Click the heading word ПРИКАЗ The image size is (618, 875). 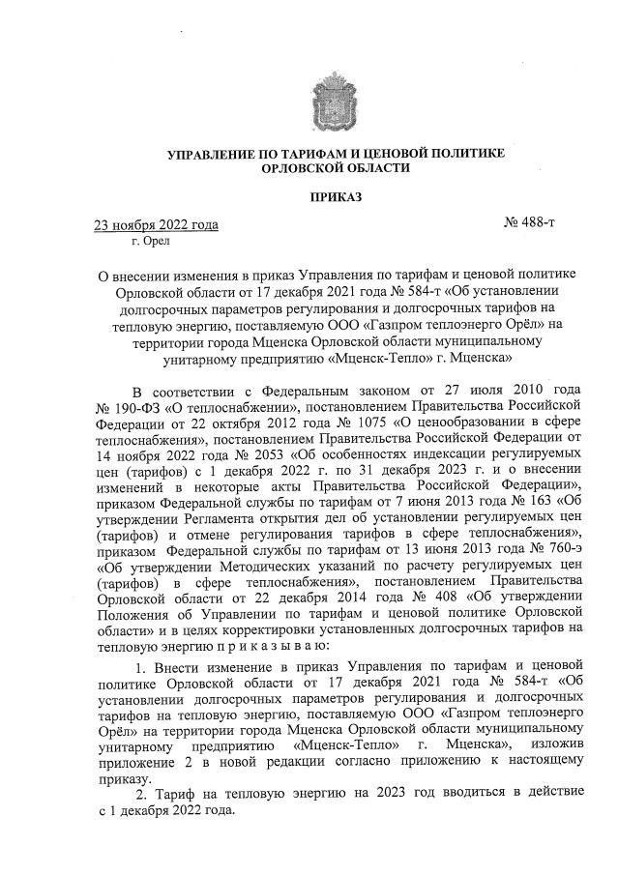(335, 197)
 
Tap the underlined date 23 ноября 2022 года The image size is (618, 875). (155, 226)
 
